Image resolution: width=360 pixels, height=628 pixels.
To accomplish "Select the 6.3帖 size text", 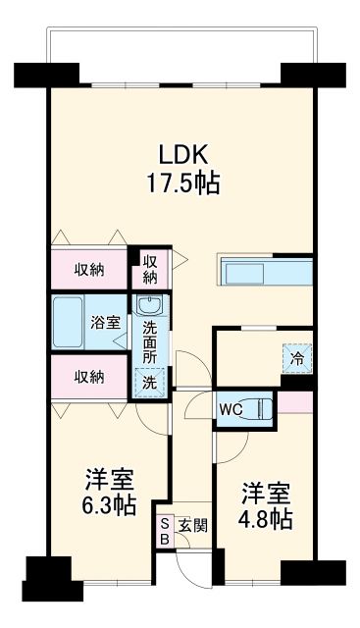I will pos(109,506).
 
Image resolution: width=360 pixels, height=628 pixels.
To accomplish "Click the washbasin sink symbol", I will pos(149,307).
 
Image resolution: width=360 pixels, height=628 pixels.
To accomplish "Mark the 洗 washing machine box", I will pos(149,381).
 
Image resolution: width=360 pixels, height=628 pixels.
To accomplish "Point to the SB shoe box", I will pos(164,532).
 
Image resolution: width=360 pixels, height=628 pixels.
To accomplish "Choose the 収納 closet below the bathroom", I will pos(90,375).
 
